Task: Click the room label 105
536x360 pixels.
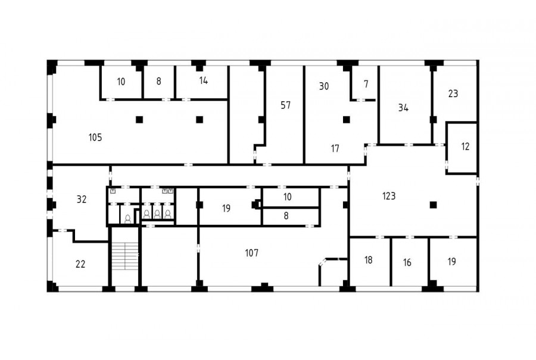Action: point(95,138)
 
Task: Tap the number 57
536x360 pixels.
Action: point(286,105)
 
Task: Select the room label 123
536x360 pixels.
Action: point(389,196)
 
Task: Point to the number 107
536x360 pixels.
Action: point(251,253)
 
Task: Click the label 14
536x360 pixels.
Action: point(204,80)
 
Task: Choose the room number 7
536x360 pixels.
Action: point(366,84)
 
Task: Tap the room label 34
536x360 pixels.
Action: point(403,108)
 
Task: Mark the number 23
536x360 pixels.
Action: point(453,94)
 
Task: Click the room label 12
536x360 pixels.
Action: point(465,147)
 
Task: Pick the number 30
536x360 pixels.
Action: point(324,86)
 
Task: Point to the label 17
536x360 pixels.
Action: point(335,148)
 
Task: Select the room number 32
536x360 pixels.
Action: point(82,199)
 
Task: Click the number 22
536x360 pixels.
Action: point(80,264)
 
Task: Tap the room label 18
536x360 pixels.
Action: point(368,260)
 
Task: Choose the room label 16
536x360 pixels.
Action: point(407,262)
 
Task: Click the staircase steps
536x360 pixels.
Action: point(125,256)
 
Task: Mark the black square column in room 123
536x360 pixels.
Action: point(433,205)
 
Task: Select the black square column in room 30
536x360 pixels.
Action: point(346,120)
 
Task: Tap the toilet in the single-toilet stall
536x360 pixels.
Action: point(128,219)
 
